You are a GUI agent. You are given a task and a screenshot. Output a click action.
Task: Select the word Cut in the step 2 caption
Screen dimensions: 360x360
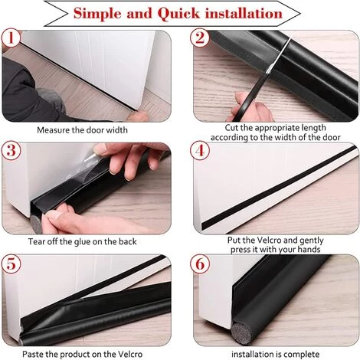click(234, 128)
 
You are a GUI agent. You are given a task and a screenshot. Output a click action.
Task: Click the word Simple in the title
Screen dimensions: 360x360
click(105, 13)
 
